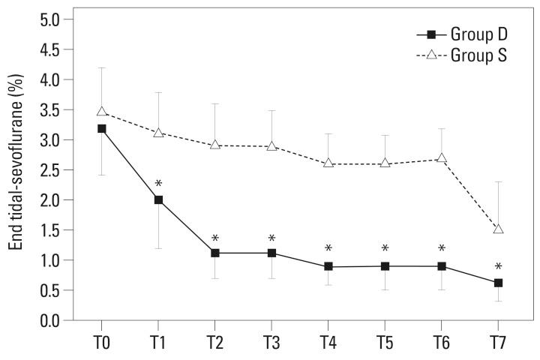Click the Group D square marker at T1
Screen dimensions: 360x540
click(x=158, y=199)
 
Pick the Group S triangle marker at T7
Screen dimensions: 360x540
click(x=498, y=229)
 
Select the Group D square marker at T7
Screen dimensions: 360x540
click(x=498, y=283)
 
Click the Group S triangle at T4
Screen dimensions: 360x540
click(x=328, y=163)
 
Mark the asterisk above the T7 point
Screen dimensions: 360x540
click(x=498, y=267)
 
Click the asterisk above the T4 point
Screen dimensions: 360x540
click(x=328, y=249)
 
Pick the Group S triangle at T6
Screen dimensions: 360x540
click(x=442, y=158)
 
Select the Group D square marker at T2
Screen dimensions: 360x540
click(x=214, y=253)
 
